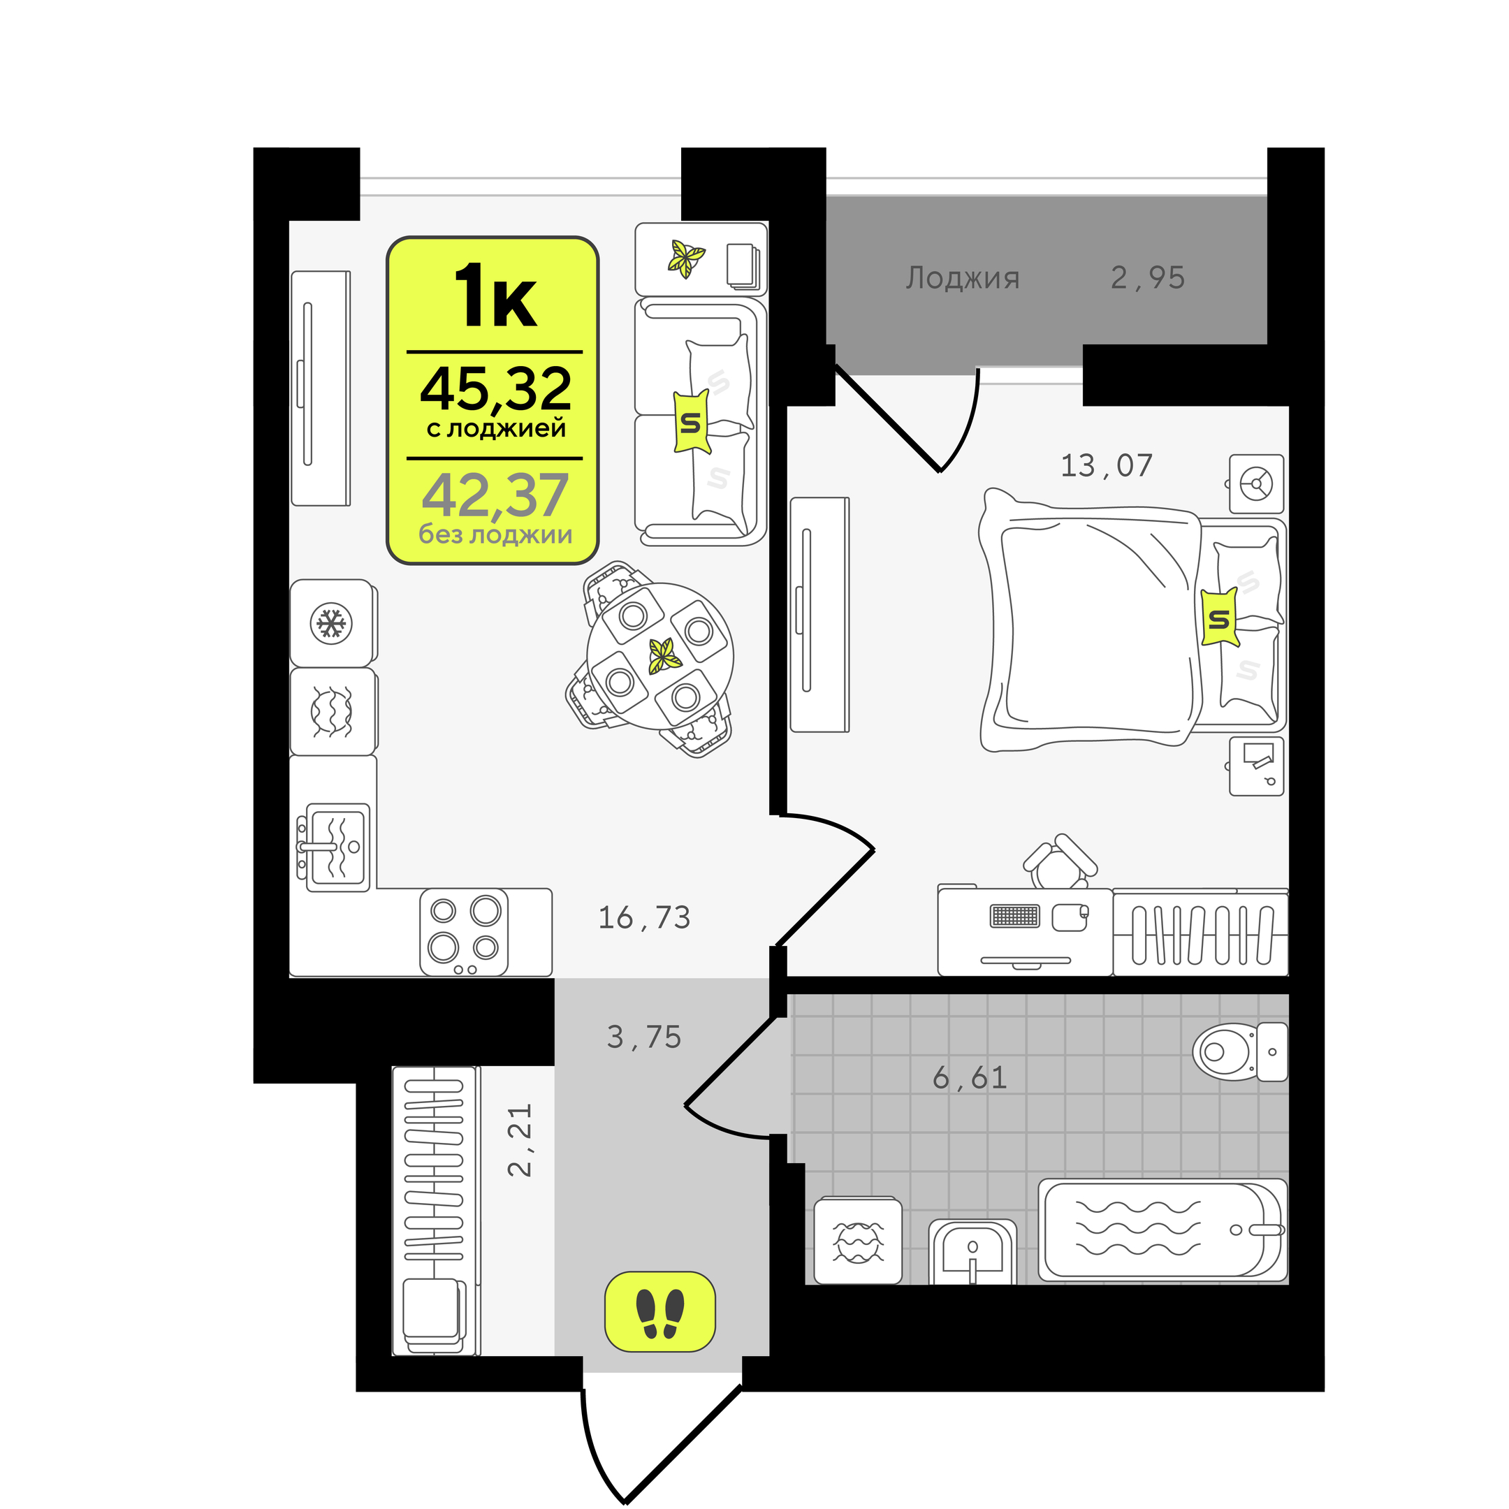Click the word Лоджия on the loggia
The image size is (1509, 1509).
point(962,279)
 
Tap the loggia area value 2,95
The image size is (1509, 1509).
point(1147,278)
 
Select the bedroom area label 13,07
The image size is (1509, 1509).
point(1106,465)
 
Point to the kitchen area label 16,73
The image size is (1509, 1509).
point(644,918)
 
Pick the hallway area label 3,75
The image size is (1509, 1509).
point(644,1037)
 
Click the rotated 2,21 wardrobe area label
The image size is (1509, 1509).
point(519,1139)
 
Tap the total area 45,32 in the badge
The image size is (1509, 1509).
point(496,389)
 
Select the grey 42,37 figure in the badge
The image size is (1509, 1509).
point(495,495)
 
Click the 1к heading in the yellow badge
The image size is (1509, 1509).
point(496,296)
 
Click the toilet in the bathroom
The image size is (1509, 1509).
point(1239,1051)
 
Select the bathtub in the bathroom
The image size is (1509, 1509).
point(1162,1230)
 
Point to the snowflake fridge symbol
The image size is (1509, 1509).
point(331,623)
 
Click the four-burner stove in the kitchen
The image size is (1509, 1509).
point(464,932)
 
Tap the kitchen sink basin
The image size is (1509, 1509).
point(337,847)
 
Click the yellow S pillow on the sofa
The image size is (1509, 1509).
point(691,422)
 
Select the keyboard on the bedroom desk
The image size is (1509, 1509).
point(1014,915)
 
